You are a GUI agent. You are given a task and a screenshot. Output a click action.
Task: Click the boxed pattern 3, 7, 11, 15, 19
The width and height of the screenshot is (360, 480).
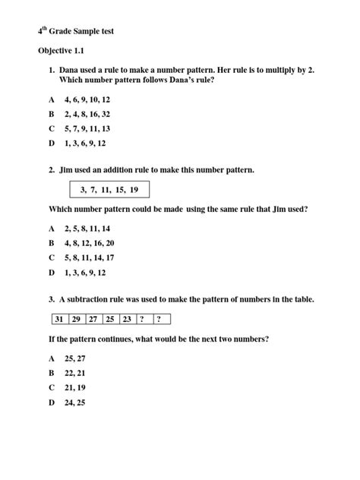click(x=109, y=188)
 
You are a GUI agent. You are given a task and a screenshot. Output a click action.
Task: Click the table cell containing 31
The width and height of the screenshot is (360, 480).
click(x=58, y=318)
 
